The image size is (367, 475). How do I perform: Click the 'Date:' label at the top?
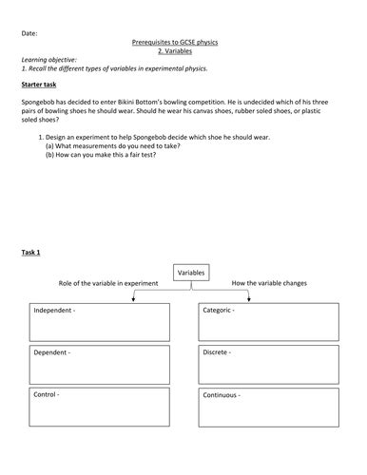click(29, 33)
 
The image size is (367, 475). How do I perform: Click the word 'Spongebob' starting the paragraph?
click(39, 102)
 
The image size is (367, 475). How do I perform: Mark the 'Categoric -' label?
click(222, 311)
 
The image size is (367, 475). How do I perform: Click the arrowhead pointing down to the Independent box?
click(132, 300)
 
